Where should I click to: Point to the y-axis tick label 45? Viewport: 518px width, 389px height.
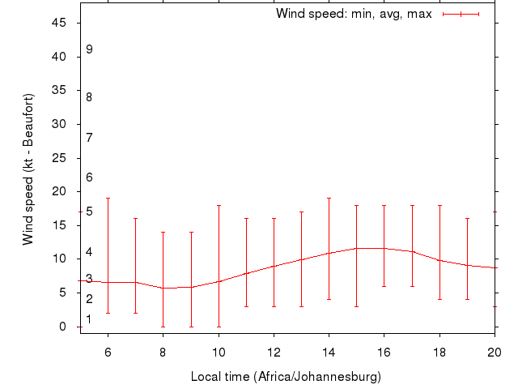[x=59, y=23]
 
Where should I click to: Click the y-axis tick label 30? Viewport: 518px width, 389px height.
[x=59, y=124]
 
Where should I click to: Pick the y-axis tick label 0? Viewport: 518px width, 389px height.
[x=63, y=327]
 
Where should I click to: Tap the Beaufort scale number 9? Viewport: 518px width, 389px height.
[x=89, y=49]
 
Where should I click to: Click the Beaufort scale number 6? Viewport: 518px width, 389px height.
[x=89, y=177]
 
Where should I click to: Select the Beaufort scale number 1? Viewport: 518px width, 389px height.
[x=89, y=319]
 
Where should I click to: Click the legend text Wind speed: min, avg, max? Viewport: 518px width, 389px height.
[x=354, y=14]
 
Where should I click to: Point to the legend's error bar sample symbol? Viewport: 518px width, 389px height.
[x=461, y=14]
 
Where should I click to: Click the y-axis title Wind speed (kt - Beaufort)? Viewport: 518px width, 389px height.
[x=28, y=169]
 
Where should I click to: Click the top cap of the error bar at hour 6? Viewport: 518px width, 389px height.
[x=108, y=198]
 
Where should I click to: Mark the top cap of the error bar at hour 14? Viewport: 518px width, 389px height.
[x=329, y=198]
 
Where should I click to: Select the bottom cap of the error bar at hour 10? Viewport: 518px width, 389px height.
[x=219, y=327]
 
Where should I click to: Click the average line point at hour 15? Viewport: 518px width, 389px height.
[x=356, y=248]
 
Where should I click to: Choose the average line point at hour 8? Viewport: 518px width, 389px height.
[x=163, y=288]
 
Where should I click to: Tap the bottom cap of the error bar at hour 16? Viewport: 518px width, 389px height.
[x=384, y=286]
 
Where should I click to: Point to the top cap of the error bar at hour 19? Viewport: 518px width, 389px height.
[x=467, y=218]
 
